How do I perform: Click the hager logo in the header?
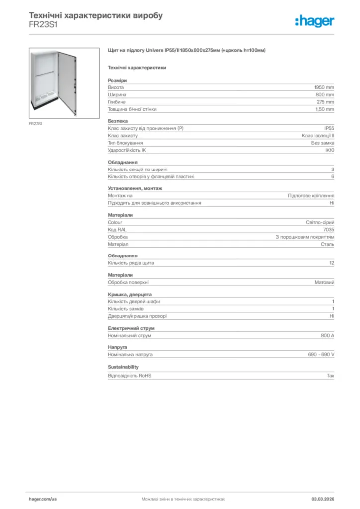point(314,20)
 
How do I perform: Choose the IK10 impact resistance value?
point(330,150)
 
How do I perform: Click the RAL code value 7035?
point(329,230)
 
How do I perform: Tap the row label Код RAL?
point(117,230)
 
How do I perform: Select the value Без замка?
point(319,143)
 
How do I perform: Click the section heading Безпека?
point(118,121)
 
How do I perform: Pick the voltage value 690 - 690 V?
point(321,355)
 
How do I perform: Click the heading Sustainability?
point(123,367)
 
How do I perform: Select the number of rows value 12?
point(332,263)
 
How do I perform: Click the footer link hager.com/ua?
point(43,499)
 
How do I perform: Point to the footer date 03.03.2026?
point(323,499)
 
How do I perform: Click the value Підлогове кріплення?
point(311,196)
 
